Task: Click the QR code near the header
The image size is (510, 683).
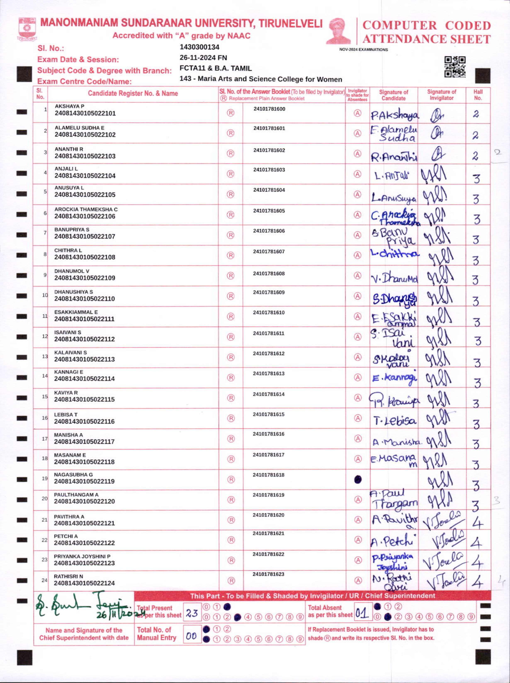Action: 455,67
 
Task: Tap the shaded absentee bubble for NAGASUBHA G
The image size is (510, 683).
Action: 357,479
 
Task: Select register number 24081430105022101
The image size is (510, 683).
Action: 85,113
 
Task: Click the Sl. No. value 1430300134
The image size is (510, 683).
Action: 199,47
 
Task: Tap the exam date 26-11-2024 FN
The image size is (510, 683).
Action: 203,58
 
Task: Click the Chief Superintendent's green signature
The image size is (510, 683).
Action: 83,606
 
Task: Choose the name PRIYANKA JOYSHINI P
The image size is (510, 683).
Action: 82,556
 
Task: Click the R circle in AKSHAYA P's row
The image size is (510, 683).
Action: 231,113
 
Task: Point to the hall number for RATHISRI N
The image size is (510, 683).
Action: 477,582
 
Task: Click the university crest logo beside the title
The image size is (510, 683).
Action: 27,29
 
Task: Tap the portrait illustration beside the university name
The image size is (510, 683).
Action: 339,31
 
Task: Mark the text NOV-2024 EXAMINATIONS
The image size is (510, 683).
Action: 363,50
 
